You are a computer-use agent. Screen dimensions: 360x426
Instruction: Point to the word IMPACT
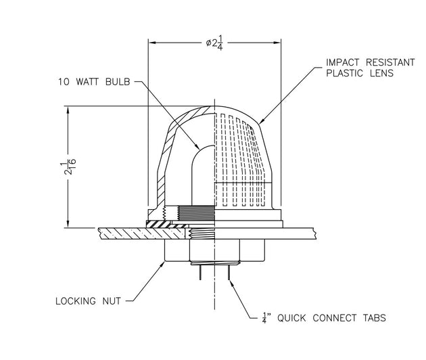(x=343, y=62)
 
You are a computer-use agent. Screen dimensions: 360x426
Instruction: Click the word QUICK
(x=287, y=317)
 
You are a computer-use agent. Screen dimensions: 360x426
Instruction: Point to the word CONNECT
(x=329, y=317)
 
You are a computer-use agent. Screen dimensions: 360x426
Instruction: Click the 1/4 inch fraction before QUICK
(x=264, y=316)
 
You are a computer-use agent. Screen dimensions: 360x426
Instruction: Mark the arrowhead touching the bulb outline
(x=195, y=146)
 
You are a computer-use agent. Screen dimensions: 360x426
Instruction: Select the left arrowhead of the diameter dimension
(x=152, y=43)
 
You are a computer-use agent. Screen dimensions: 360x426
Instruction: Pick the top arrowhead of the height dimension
(x=68, y=108)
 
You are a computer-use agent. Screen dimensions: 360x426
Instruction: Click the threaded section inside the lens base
(x=193, y=215)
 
